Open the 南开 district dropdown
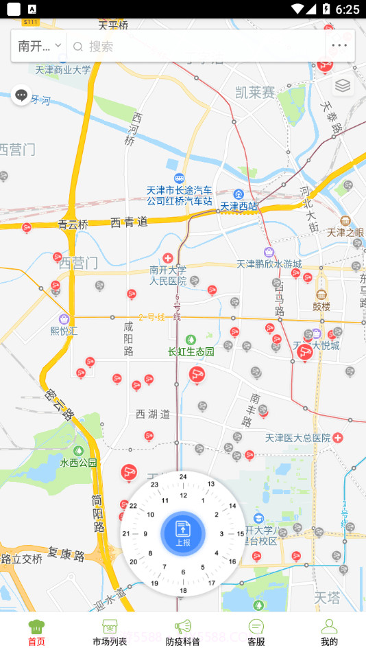tap(39, 46)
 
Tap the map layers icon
tap(343, 86)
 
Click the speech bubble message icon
tap(21, 95)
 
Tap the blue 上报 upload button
tap(183, 533)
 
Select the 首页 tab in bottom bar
tap(36, 632)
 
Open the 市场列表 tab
tap(110, 632)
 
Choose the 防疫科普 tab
tap(183, 632)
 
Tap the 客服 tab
tap(256, 632)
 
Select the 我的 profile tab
tap(329, 632)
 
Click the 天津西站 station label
tap(239, 205)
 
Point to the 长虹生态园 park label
tap(191, 351)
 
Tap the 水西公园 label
tap(79, 463)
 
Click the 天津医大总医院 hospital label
tap(299, 437)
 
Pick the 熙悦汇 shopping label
tap(64, 329)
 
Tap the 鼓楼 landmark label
tap(321, 306)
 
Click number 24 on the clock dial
tap(183, 477)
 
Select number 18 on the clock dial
tap(183, 590)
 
